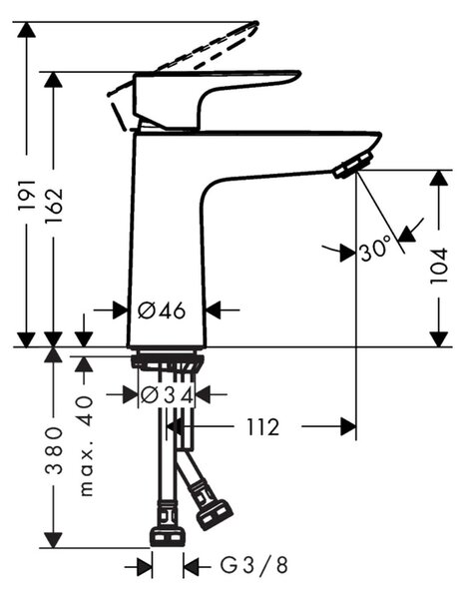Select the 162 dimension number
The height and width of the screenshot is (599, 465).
tap(54, 206)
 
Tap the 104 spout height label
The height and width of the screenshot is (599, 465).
tap(438, 266)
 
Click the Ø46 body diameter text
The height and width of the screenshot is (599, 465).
tap(161, 310)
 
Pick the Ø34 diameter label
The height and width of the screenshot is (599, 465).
tap(167, 394)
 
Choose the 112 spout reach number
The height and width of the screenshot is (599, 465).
tap(263, 427)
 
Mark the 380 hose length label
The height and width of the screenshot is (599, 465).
tap(54, 451)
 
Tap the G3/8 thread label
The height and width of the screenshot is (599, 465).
tap(253, 565)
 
